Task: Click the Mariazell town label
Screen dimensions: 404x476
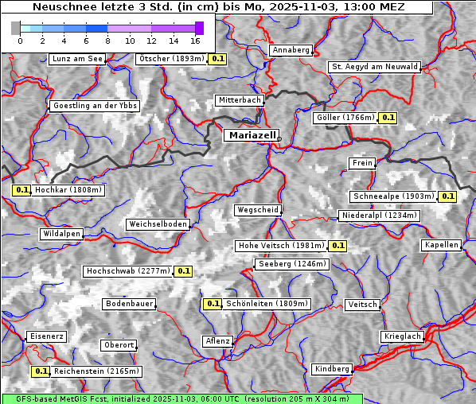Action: [252, 135]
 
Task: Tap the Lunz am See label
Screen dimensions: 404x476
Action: [76, 59]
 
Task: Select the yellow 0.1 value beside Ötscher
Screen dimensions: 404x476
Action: [218, 59]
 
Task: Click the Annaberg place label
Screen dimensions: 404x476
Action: [291, 50]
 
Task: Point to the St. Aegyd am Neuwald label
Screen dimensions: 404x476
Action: [374, 67]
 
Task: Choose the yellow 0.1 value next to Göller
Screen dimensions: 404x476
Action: [388, 118]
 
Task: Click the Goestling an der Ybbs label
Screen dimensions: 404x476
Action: [95, 106]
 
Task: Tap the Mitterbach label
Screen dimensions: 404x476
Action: [239, 100]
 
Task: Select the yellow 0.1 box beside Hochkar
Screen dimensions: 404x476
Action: [21, 190]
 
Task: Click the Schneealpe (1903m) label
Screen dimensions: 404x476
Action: [393, 196]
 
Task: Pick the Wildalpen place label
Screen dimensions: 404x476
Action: [61, 234]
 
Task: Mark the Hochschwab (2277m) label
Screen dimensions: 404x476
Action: [127, 271]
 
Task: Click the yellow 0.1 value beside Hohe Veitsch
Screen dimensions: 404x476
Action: [338, 246]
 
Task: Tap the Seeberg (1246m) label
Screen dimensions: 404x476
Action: [291, 264]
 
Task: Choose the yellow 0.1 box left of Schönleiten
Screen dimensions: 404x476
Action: [213, 304]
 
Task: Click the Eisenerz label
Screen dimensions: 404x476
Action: [45, 336]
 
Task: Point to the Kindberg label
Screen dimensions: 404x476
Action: [332, 369]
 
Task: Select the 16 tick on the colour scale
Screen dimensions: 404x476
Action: [195, 40]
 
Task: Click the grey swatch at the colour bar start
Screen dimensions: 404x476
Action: [16, 28]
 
